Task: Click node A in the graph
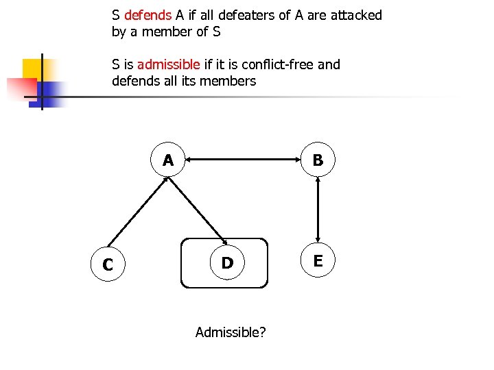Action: [168, 160]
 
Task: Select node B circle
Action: [318, 160]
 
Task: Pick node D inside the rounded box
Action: [227, 262]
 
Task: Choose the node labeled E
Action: [318, 260]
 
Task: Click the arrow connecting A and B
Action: [243, 160]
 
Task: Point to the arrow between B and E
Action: [318, 210]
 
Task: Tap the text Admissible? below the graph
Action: [231, 332]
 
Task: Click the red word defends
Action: [148, 15]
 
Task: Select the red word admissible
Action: [169, 64]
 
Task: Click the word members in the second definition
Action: [231, 81]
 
